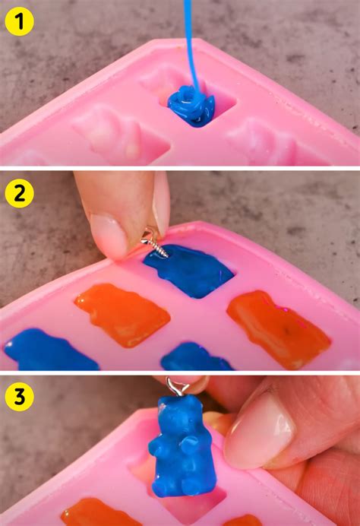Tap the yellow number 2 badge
pyautogui.click(x=20, y=194)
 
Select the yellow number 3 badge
pyautogui.click(x=20, y=396)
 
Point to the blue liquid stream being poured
pyautogui.click(x=188, y=46)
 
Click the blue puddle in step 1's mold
pyautogui.click(x=191, y=105)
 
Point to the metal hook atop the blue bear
pyautogui.click(x=177, y=388)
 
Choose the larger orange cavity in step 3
pyautogui.click(x=99, y=512)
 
